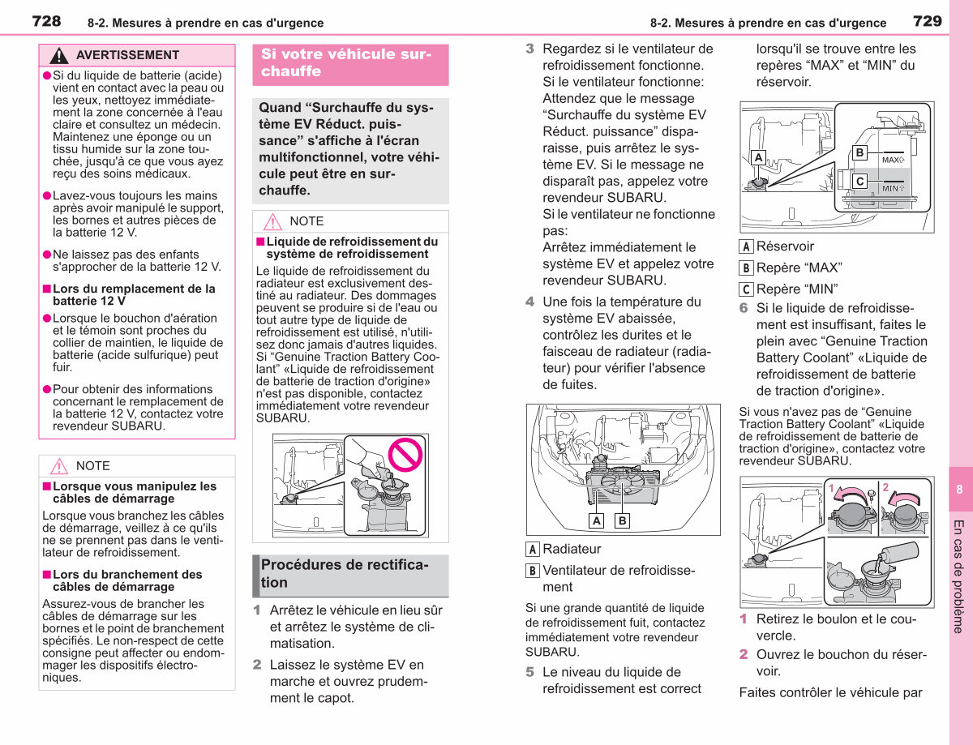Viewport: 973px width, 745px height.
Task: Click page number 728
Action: point(46,21)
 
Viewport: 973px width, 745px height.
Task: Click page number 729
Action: point(928,21)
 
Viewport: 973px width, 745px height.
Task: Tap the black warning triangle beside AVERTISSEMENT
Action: point(58,56)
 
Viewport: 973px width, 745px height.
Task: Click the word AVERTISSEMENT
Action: point(127,55)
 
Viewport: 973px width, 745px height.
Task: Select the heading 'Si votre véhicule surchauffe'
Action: point(346,62)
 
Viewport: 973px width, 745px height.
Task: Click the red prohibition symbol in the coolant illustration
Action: point(405,454)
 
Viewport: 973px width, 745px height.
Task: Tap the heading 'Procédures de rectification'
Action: point(345,573)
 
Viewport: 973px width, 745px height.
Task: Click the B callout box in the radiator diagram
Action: point(623,520)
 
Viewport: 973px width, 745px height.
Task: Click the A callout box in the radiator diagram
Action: point(597,520)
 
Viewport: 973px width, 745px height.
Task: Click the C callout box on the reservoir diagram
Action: point(859,182)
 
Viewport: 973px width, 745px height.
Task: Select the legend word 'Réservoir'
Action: point(785,246)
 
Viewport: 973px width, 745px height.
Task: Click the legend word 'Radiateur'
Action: point(572,549)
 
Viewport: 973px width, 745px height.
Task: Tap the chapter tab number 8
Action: point(959,489)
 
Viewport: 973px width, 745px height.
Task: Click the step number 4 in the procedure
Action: point(530,302)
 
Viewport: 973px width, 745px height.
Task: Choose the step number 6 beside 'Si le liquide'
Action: point(744,308)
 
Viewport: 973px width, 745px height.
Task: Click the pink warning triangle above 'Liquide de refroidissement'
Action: point(272,221)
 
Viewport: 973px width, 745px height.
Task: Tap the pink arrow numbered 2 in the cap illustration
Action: point(906,499)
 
